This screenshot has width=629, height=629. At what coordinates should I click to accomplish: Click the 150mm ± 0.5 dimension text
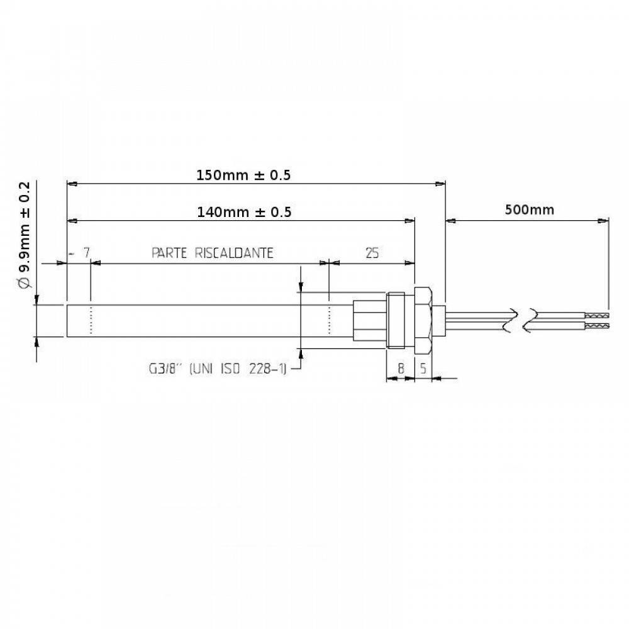point(243,175)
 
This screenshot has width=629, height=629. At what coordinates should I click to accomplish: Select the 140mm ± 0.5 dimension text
point(244,212)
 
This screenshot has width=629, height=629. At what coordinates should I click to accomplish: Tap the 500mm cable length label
point(529,209)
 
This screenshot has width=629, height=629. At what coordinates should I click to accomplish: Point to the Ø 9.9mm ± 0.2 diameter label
point(25,235)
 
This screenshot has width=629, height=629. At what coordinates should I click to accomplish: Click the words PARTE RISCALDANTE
point(212,253)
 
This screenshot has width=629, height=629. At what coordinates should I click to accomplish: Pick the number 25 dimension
point(372,253)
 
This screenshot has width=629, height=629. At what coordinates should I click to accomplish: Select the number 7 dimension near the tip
point(86,253)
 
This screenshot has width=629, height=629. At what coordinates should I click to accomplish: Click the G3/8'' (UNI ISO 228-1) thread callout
point(218,368)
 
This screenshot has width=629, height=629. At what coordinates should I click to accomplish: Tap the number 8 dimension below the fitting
point(400,368)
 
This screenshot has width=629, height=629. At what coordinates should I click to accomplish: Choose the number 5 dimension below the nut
point(423,368)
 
